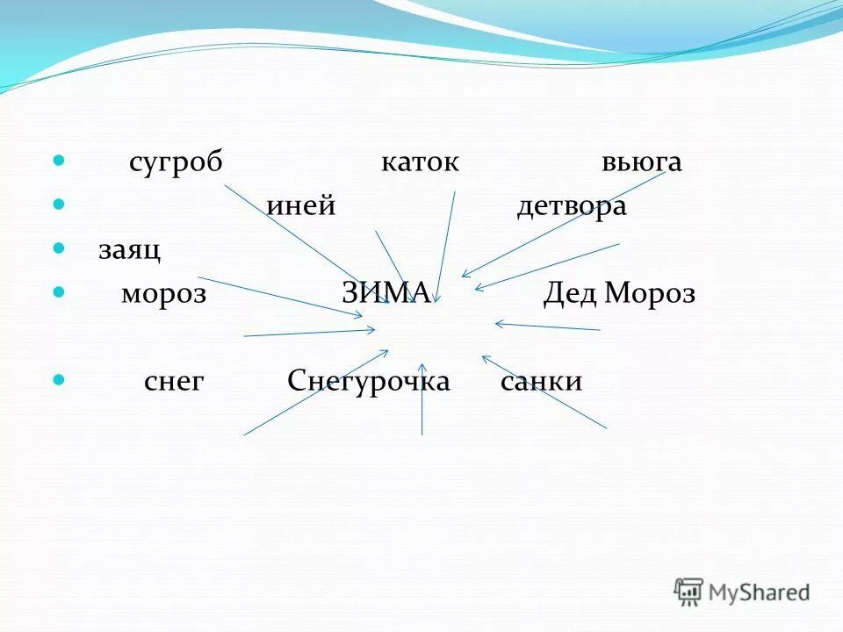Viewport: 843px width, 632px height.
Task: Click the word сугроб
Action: [x=176, y=163]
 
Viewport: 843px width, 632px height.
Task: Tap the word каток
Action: [x=420, y=163]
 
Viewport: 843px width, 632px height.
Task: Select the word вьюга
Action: [x=642, y=164]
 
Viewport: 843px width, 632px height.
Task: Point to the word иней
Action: [x=302, y=206]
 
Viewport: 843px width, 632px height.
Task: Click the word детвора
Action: [x=571, y=206]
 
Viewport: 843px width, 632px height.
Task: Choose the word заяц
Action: [x=129, y=250]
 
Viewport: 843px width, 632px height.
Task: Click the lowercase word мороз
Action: [x=163, y=294]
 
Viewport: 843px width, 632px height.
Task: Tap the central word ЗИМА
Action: [x=385, y=293]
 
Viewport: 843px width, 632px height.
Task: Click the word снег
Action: [x=174, y=382]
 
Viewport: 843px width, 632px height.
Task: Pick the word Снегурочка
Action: [x=369, y=382]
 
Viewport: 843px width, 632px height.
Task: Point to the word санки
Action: [x=541, y=382]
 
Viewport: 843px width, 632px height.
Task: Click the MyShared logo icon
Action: [x=689, y=592]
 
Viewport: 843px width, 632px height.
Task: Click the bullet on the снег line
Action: [x=60, y=380]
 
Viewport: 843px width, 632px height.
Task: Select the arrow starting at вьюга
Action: [x=562, y=224]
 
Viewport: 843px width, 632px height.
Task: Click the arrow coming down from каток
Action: [x=446, y=246]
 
